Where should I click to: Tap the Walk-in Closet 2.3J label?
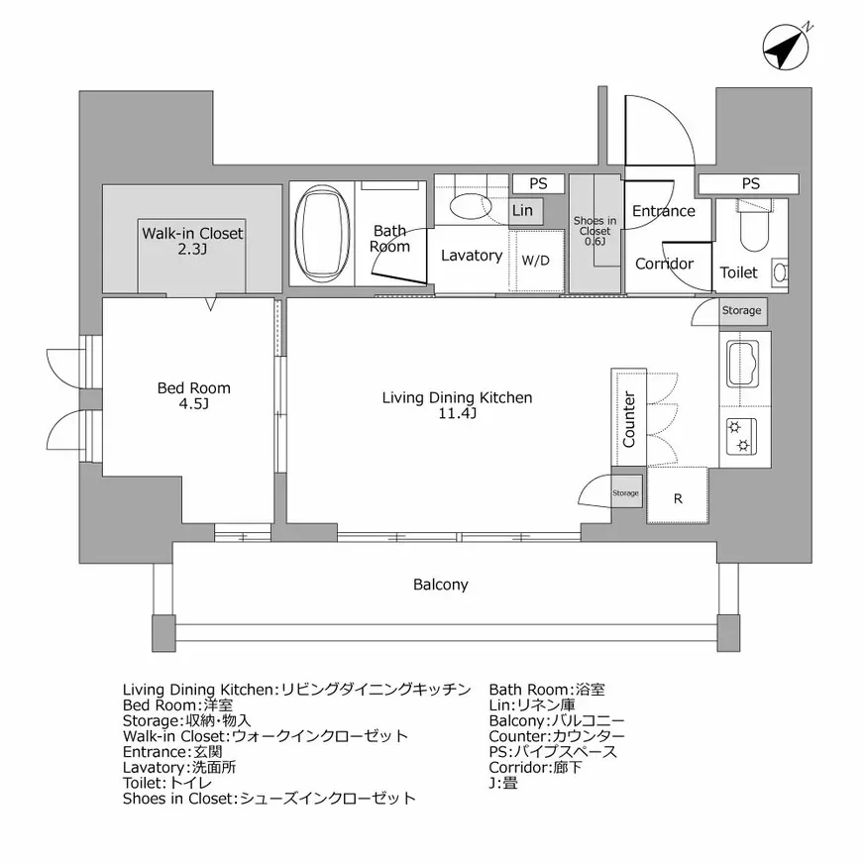[x=192, y=241]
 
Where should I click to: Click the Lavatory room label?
[x=471, y=256]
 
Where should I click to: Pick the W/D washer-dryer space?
[x=536, y=262]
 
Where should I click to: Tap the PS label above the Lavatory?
[x=538, y=183]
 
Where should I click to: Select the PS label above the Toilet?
[x=750, y=184]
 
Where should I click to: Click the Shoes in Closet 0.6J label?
[x=594, y=230]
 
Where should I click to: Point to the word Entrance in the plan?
[x=663, y=211]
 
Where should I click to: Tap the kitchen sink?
[x=744, y=364]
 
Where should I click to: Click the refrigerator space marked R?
[x=678, y=498]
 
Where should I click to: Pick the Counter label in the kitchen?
[x=629, y=418]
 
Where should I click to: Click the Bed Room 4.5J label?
[x=194, y=396]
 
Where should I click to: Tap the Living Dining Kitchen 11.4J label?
[x=457, y=405]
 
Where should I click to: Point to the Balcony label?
[x=441, y=585]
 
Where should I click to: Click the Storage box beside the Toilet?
[x=741, y=311]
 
